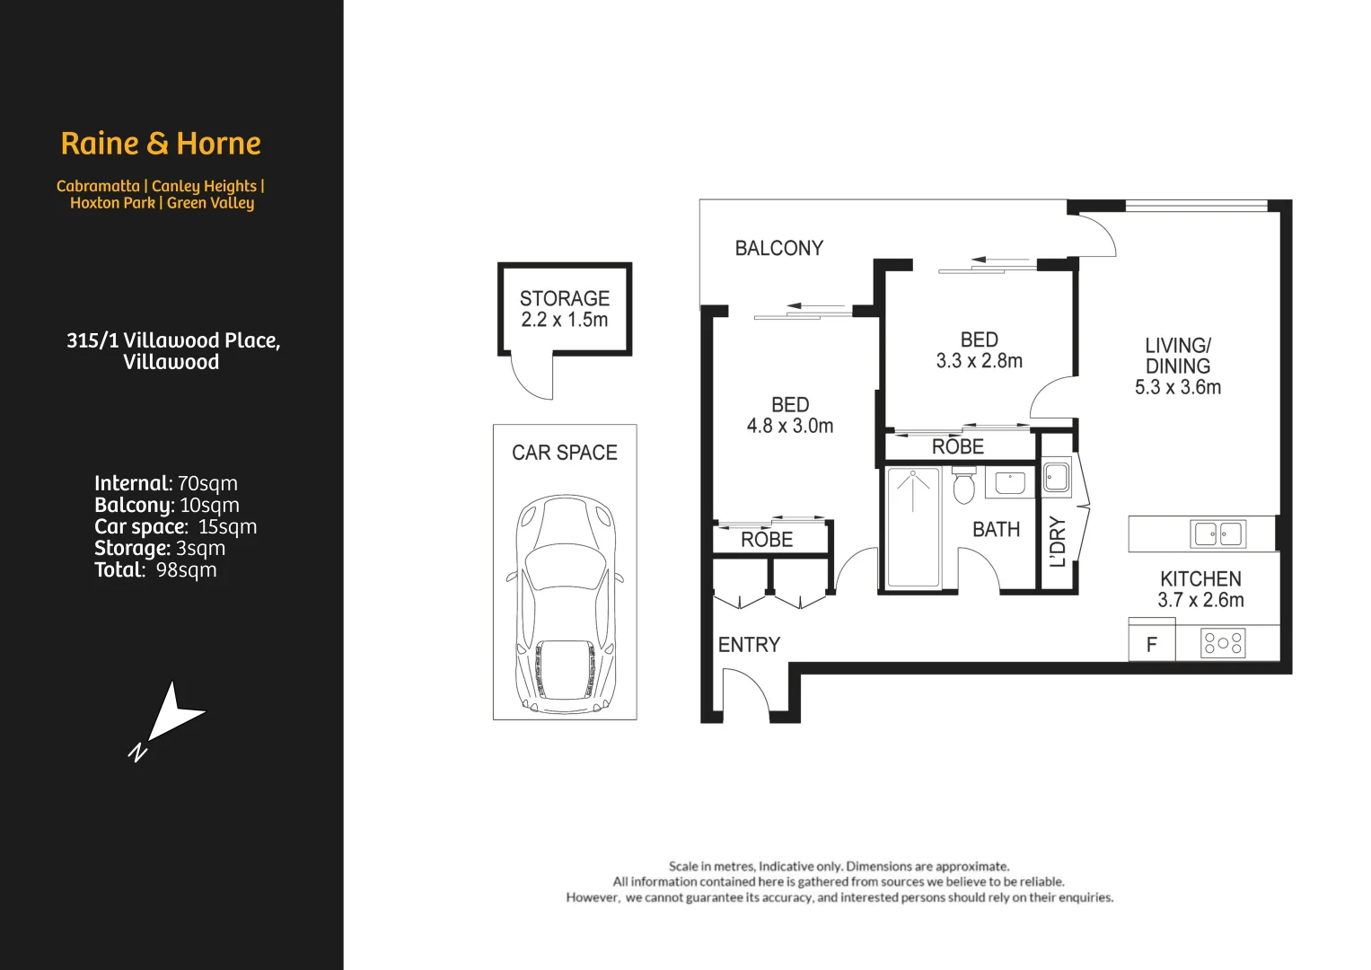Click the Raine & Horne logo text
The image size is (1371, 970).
(161, 144)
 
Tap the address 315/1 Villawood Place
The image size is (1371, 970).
(173, 341)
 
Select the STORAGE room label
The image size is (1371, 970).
(564, 298)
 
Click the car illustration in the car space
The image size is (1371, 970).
(564, 601)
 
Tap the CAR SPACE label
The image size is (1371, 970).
(564, 453)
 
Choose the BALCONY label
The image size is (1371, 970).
(778, 249)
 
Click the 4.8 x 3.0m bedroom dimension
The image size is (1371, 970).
(789, 427)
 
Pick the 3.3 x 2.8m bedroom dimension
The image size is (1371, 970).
(979, 361)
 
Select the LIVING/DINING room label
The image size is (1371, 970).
(1177, 356)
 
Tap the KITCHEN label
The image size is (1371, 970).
(1200, 579)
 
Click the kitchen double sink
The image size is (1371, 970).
(1217, 534)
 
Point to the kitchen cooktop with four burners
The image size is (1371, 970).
(1223, 643)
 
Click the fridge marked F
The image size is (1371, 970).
(1151, 644)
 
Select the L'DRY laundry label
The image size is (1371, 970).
(1059, 542)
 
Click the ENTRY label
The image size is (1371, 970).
(749, 645)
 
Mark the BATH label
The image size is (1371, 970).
(996, 530)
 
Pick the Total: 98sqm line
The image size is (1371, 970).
(155, 570)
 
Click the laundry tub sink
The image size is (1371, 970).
(1057, 476)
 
